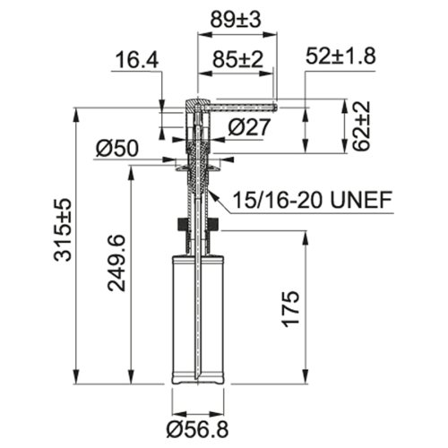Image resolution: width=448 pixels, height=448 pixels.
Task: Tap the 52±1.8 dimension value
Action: pos(340,56)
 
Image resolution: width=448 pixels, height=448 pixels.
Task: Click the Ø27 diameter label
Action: pos(248,127)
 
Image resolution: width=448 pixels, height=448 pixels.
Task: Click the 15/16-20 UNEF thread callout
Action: pos(313,199)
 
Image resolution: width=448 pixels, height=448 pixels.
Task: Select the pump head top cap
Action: pos(198,100)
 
